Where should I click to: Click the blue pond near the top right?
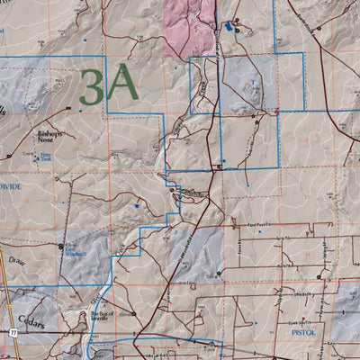(x=229, y=28)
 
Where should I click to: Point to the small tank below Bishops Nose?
(x=36, y=160)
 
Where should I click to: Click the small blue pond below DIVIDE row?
(x=135, y=206)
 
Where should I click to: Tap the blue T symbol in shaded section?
(x=254, y=81)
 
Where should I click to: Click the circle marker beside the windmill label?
(x=61, y=245)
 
